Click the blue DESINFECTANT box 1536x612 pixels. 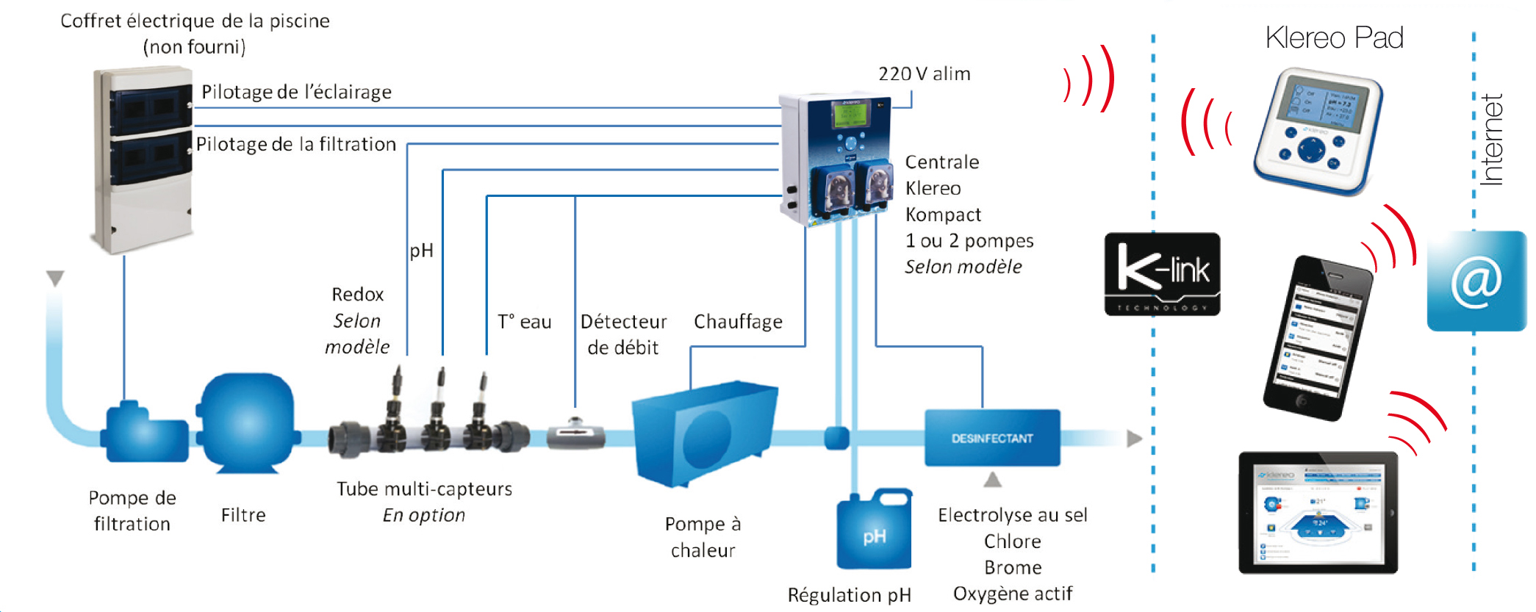click(x=992, y=438)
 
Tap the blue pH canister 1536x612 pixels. click(x=875, y=531)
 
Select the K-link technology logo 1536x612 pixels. click(x=1162, y=274)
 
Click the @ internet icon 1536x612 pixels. click(x=1476, y=281)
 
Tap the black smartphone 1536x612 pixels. click(x=1318, y=337)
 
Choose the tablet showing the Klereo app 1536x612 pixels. click(x=1318, y=512)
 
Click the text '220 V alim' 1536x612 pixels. click(x=924, y=74)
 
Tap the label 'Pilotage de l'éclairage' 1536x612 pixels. click(x=296, y=92)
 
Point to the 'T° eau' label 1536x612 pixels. click(x=524, y=322)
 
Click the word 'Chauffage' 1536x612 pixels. click(x=738, y=322)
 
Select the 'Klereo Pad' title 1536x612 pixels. click(x=1334, y=37)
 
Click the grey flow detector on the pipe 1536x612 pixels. click(x=576, y=433)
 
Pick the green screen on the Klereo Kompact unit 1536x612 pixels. click(x=850, y=115)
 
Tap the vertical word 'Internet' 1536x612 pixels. click(x=1491, y=140)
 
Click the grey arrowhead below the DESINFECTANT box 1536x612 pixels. click(x=993, y=480)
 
